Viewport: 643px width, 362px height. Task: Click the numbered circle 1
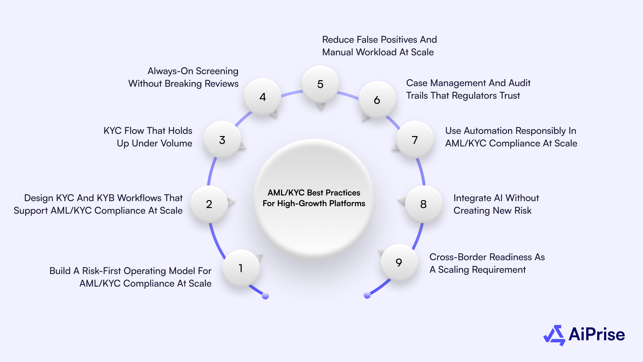click(x=241, y=268)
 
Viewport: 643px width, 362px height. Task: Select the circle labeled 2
click(x=209, y=204)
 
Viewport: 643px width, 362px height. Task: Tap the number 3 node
click(x=222, y=140)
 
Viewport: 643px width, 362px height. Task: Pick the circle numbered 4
click(x=263, y=97)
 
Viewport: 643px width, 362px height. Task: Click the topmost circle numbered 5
click(x=320, y=84)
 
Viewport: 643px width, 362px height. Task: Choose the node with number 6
click(x=377, y=100)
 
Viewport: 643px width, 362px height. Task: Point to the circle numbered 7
click(x=415, y=140)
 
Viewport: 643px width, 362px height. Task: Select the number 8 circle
click(x=424, y=204)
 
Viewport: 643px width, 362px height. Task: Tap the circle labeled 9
click(x=399, y=262)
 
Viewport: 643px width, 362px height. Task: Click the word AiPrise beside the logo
click(x=597, y=334)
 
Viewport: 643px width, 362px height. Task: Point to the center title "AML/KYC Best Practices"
click(x=314, y=193)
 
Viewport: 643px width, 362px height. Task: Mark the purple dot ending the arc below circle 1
click(x=265, y=296)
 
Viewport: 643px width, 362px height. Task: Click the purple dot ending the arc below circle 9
click(x=367, y=295)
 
